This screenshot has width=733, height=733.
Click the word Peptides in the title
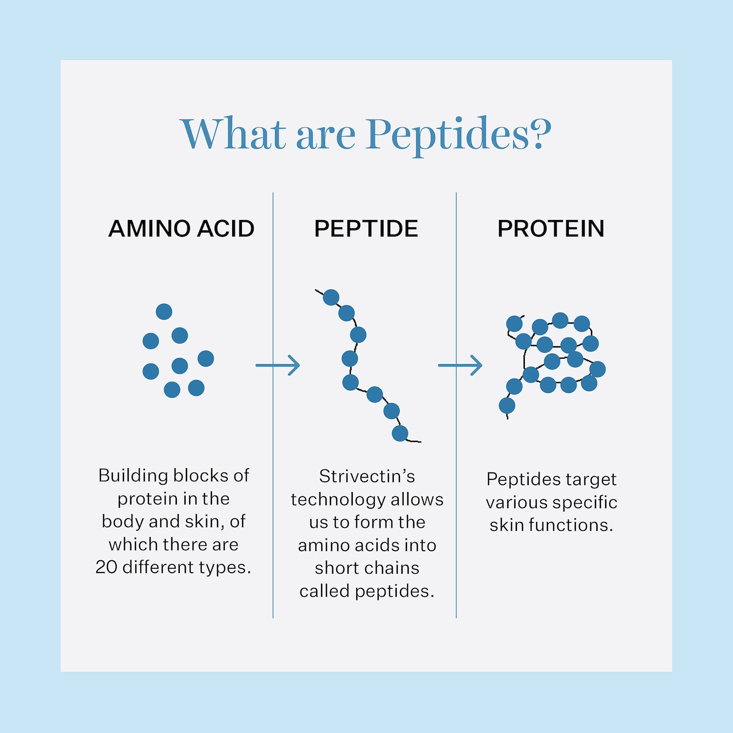pos(448,134)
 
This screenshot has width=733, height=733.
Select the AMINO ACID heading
pos(181,228)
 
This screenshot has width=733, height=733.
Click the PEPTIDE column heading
pos(366,228)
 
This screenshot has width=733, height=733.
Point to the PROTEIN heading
pos(551,228)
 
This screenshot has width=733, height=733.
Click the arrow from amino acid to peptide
pos(278,365)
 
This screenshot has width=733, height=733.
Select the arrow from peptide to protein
pos(460,365)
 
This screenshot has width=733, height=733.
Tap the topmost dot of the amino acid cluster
pos(164,311)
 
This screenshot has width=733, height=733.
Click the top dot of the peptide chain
pos(331,297)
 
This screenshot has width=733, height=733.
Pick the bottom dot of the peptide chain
pos(400,433)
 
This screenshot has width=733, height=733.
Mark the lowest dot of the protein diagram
pos(507,405)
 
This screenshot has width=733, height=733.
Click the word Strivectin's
pos(367,476)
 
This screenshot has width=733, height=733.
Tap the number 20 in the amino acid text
pos(106,567)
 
